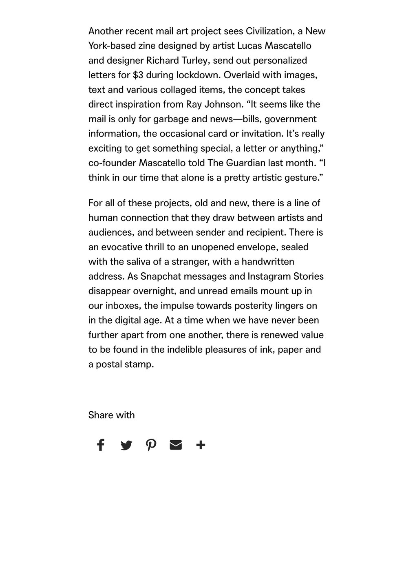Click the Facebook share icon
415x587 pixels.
coord(101,445)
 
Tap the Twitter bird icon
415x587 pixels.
coord(126,445)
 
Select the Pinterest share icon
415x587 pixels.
coord(151,445)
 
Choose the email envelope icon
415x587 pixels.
coord(176,445)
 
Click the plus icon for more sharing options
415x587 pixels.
coord(201,445)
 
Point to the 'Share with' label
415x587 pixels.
coord(111,415)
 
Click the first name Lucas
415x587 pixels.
coord(249,46)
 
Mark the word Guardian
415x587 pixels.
coord(247,163)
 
